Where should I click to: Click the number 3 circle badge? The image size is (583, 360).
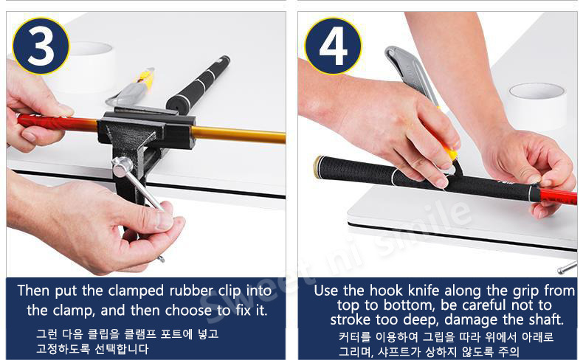(41, 45)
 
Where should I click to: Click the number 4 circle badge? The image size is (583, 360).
(333, 46)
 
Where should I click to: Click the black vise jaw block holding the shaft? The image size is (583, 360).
(147, 126)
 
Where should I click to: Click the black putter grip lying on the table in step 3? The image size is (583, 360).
(198, 83)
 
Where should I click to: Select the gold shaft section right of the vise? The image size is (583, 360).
(238, 134)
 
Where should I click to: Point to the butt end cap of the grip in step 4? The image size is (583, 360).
(318, 167)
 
